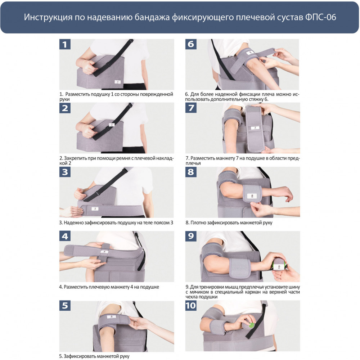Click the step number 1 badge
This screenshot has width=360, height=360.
click(x=65, y=44)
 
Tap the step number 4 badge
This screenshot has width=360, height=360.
click(x=65, y=236)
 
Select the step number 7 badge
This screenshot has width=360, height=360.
click(x=191, y=108)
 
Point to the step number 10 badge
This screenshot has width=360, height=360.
click(x=191, y=306)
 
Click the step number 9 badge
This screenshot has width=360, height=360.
click(x=191, y=236)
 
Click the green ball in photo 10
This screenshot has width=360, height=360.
click(x=252, y=325)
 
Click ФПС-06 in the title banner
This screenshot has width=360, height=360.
click(x=321, y=17)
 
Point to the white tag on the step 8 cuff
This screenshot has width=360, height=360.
click(x=252, y=196)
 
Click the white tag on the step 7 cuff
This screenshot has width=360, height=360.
click(x=255, y=128)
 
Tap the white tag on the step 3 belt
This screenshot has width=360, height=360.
click(x=95, y=209)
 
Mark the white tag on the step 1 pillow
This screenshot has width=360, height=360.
click(x=118, y=82)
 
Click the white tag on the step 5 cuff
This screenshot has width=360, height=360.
click(x=112, y=316)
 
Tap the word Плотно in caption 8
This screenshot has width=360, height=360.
click(x=198, y=223)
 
